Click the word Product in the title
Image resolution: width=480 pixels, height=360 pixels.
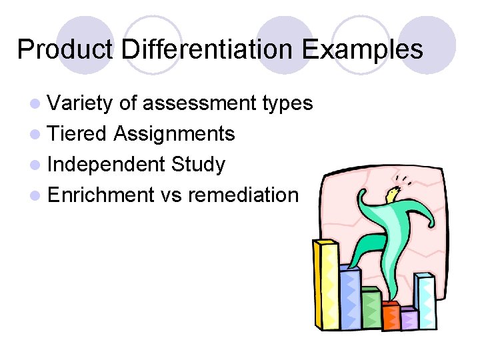coord(59,49)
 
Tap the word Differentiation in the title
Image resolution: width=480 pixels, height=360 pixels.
coord(203,49)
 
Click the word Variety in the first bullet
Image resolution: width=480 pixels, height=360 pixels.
coord(81,103)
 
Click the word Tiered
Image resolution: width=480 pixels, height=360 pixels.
coord(77,134)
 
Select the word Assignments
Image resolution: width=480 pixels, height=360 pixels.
coord(174,134)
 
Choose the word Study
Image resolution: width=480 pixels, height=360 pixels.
coord(198,165)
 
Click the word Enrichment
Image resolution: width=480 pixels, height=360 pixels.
coord(101,195)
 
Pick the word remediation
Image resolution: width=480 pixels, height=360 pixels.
coord(243,195)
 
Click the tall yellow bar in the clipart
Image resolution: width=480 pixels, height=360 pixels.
coord(325,287)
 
